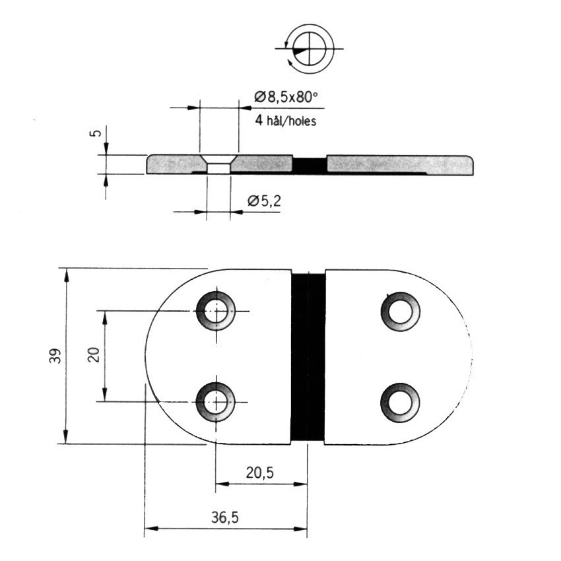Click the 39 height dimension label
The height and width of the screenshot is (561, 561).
pos(55,356)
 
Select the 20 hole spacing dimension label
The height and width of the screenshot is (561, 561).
pos(94,355)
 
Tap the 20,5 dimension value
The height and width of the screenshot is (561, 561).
pos(260,473)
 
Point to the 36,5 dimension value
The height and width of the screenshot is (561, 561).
pos(224,517)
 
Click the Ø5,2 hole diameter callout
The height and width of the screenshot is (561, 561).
pos(265,201)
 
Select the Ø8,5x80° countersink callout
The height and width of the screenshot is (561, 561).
pos(286,97)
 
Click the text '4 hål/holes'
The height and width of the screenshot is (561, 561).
pos(286,121)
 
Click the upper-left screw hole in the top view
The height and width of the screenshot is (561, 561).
pos(216,311)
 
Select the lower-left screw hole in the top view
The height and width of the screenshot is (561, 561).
pos(216,402)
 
